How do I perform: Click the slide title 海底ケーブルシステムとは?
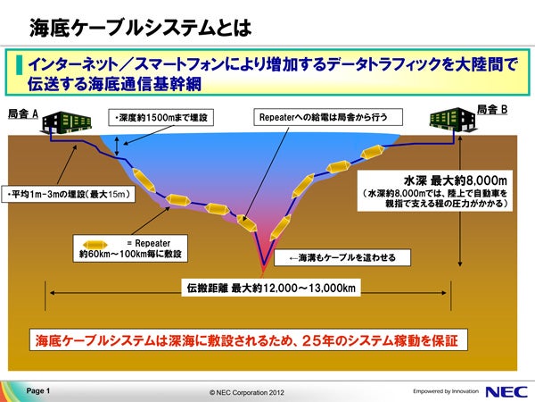(141, 28)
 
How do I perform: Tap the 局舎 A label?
(23, 113)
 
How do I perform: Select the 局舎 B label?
(491, 110)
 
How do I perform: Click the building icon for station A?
(67, 122)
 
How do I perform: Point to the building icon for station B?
(453, 120)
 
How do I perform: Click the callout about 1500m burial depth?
(160, 118)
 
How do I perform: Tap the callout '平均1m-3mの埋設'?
(69, 194)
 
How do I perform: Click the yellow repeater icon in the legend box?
(95, 245)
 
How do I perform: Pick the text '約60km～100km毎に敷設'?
(130, 254)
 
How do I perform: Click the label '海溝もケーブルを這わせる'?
(342, 258)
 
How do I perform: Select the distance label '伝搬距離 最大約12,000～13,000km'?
(271, 289)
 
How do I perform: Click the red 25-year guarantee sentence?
(246, 341)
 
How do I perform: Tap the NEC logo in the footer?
(506, 391)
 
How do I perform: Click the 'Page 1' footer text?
(38, 390)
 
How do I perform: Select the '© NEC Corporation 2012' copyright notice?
(247, 392)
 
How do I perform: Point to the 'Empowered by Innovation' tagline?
(446, 391)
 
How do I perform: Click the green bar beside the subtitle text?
(19, 65)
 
